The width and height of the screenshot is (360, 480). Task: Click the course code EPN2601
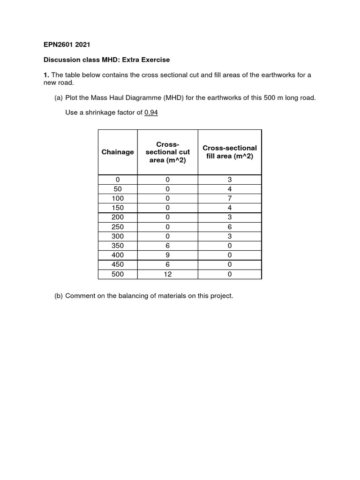click(x=59, y=45)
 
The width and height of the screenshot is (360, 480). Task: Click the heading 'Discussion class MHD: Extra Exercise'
click(x=106, y=60)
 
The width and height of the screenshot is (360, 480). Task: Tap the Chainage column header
click(x=118, y=152)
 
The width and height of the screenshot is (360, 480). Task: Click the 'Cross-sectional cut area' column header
click(x=168, y=152)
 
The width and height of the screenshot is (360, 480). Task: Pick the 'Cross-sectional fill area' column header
click(x=230, y=152)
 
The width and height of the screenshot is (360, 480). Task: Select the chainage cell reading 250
click(x=118, y=227)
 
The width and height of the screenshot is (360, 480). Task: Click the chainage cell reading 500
click(x=118, y=274)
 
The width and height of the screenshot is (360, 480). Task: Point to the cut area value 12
click(x=168, y=274)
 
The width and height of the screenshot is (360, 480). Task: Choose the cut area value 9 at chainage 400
click(x=168, y=255)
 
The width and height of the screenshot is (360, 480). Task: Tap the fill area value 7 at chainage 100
click(x=230, y=198)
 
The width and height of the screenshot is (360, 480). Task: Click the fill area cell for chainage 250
click(x=230, y=227)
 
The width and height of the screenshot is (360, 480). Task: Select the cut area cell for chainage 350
click(x=168, y=246)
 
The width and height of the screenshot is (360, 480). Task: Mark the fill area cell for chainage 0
click(x=230, y=180)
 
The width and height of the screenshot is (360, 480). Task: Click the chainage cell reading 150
click(x=118, y=208)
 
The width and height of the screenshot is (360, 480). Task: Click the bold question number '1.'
click(x=46, y=75)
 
